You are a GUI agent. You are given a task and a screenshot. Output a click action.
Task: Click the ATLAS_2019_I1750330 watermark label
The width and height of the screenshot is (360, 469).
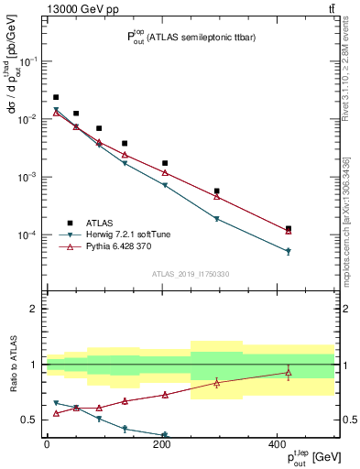(x=190, y=273)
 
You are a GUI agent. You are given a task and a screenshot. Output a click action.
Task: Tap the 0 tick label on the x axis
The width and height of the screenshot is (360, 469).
(x=47, y=444)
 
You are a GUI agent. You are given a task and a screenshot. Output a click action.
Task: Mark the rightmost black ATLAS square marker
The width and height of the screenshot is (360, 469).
(x=289, y=228)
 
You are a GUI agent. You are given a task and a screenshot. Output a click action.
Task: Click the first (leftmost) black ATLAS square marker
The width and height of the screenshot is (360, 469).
(x=56, y=97)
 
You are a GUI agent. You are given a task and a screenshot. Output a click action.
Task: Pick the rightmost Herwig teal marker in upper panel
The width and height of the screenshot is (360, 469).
(x=289, y=251)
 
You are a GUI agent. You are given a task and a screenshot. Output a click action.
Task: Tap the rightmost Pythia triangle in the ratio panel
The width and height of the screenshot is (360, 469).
(x=289, y=372)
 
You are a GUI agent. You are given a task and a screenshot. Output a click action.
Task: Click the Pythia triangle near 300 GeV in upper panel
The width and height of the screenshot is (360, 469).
(x=216, y=196)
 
